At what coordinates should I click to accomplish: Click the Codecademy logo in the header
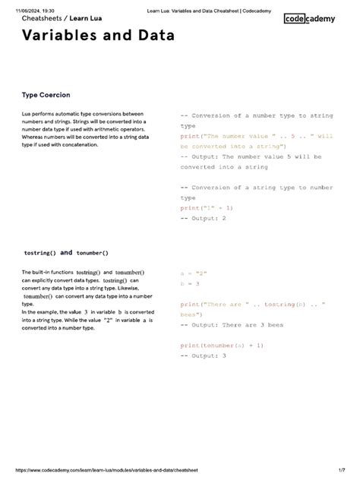coord(314,20)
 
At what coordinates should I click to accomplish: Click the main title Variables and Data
coord(108,36)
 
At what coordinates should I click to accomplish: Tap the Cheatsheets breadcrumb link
coord(41,18)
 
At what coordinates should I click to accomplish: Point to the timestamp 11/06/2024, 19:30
coord(34,6)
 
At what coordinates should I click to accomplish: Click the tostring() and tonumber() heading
coord(66,253)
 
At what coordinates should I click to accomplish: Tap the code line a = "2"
coord(194,272)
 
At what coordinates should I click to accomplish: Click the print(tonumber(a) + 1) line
coord(222,346)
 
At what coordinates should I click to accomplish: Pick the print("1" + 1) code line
coord(207,207)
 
